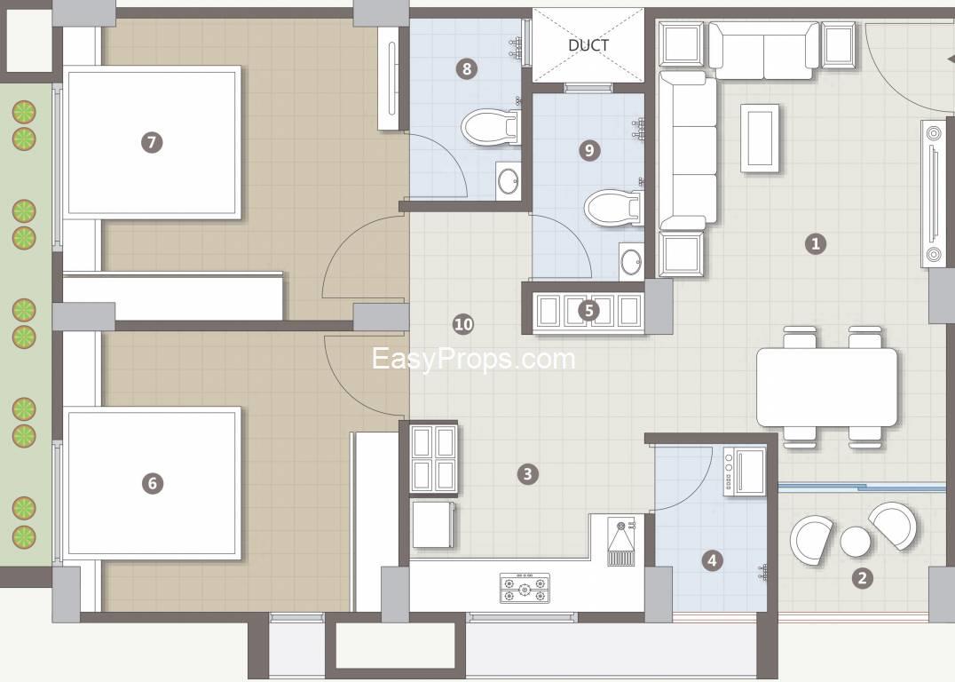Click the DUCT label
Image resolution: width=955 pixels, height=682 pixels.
tap(588, 45)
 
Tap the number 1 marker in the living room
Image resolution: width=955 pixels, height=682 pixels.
tap(816, 244)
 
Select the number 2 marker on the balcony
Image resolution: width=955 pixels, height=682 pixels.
tap(862, 578)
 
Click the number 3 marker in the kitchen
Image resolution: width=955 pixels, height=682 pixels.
tap(527, 473)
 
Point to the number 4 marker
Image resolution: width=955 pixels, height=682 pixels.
tap(713, 560)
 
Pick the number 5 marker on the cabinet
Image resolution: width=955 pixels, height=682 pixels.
tap(588, 311)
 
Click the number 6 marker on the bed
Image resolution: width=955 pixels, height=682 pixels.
tap(153, 484)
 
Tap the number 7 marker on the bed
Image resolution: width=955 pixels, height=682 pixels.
tap(152, 143)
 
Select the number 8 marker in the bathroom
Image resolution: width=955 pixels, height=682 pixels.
tap(467, 69)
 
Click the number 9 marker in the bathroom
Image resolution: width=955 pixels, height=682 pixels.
tap(589, 150)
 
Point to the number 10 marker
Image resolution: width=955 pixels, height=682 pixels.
tap(463, 323)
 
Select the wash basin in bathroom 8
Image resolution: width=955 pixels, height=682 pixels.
tap(508, 179)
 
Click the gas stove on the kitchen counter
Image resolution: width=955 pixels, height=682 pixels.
tap(525, 588)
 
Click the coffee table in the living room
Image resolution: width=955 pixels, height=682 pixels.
tap(760, 138)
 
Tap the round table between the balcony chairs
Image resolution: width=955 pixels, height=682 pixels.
tap(855, 541)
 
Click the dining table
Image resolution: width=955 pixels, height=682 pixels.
tap(826, 387)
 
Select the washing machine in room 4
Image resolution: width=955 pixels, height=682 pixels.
tap(745, 471)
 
